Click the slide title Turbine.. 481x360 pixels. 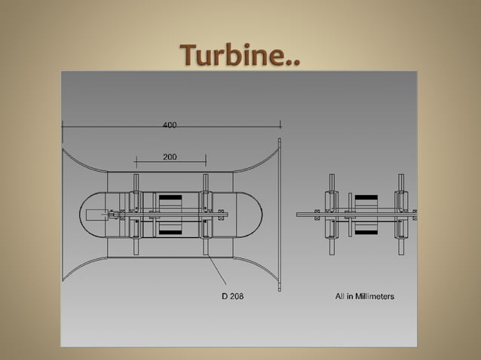coord(240,54)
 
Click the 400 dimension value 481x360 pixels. coord(170,125)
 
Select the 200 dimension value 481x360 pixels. coord(170,157)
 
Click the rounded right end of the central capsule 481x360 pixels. coord(256,215)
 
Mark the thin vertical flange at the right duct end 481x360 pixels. coord(278,215)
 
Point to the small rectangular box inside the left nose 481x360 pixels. coord(96,215)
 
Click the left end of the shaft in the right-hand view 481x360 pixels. coord(299,215)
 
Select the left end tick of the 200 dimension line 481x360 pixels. coord(136,160)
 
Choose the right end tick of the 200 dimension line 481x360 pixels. coord(206,160)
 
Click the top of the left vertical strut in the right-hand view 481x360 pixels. coord(331,176)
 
